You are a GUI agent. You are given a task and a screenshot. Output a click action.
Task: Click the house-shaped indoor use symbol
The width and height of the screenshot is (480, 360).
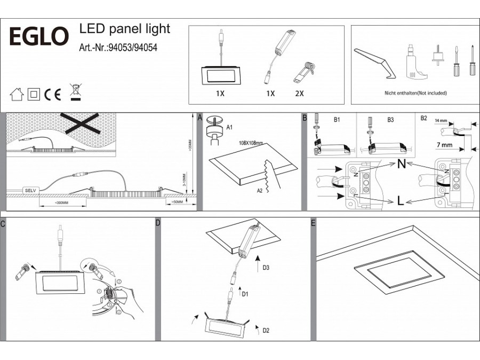tap(17, 95)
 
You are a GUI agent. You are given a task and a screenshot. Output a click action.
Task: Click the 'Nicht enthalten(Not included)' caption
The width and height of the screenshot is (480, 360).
tap(415, 93)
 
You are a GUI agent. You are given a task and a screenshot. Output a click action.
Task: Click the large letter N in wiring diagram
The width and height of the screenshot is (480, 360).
tap(401, 164)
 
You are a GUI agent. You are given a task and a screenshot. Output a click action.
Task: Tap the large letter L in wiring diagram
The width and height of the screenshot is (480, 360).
tap(399, 202)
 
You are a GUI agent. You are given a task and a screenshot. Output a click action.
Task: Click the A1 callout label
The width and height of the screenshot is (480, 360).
tap(230, 127)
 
